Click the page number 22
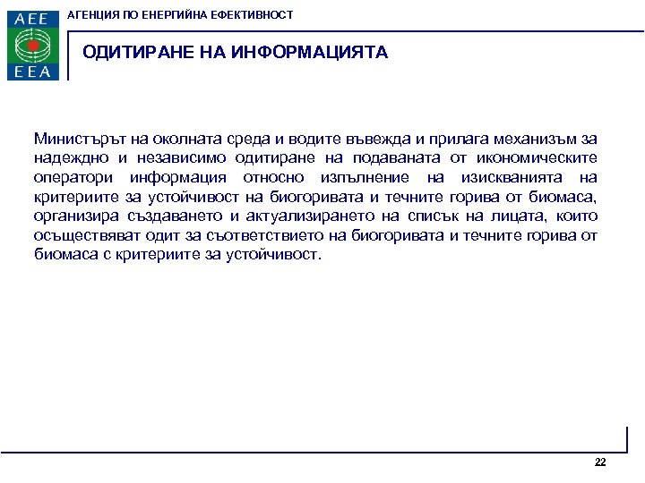click(x=600, y=462)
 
